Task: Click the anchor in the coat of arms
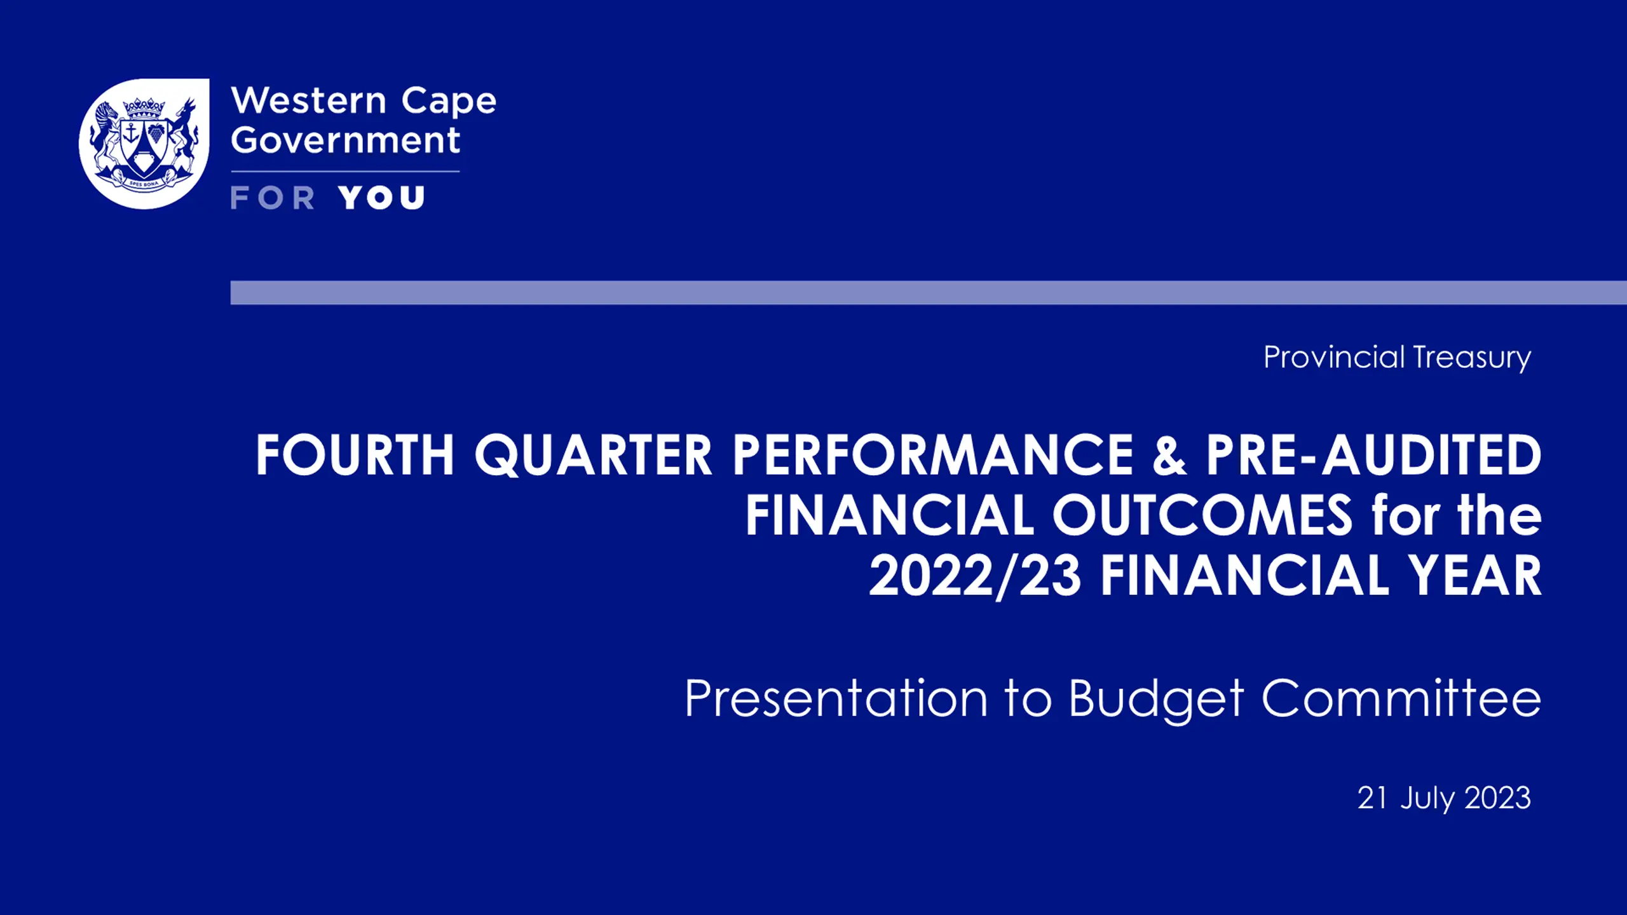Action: coord(132,133)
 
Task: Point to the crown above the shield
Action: coord(144,107)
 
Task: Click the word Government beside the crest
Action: coord(345,140)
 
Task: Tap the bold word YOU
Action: coord(381,198)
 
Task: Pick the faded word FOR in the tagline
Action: coord(273,198)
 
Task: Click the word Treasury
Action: coord(1473,358)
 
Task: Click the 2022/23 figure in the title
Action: coord(975,576)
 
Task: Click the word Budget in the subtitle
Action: coord(1156,699)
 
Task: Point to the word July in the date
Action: coord(1427,799)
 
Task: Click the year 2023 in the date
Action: coord(1498,798)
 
